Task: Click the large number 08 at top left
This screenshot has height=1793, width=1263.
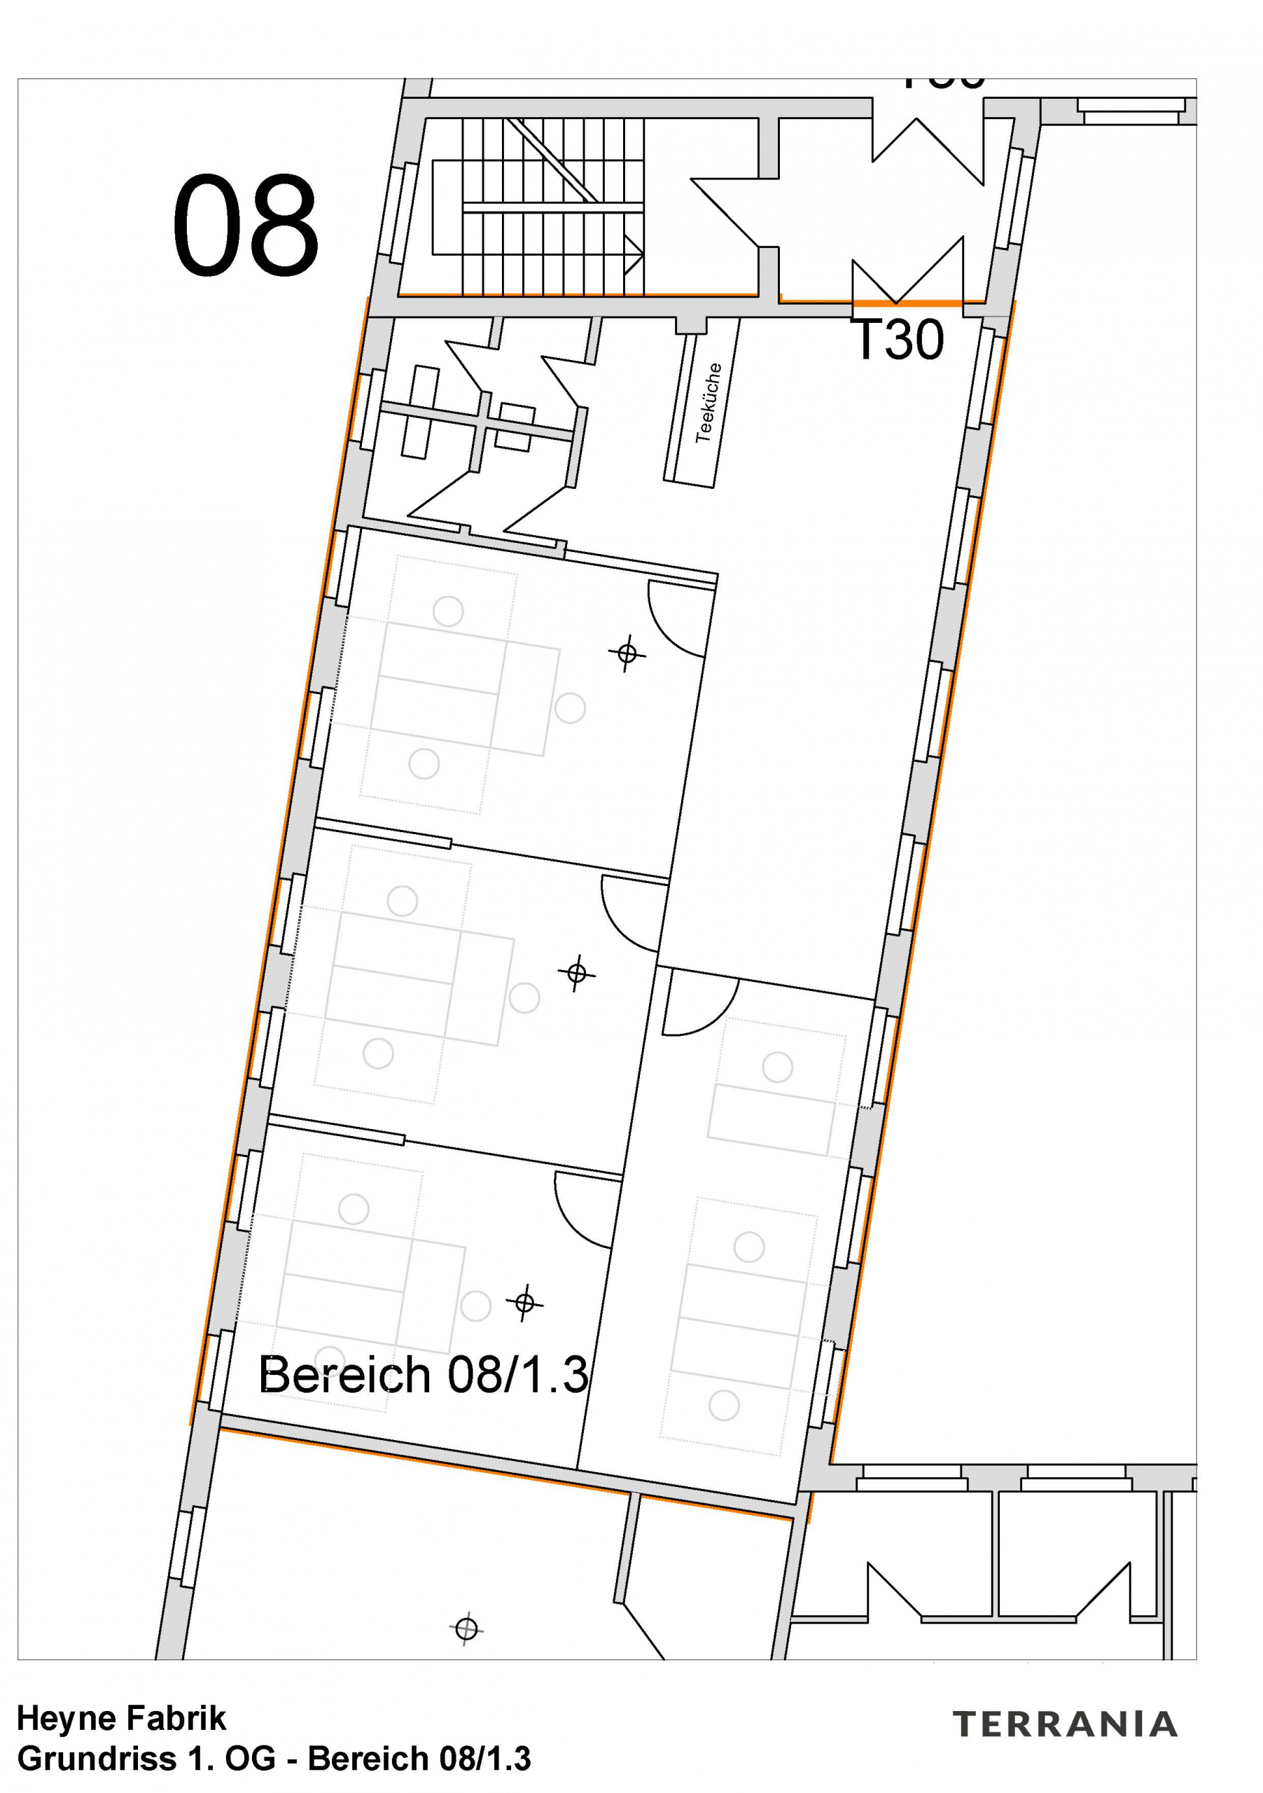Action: coord(245,225)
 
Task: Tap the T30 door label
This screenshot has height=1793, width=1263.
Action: coord(899,340)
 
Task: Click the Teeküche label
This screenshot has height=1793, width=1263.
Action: coord(708,402)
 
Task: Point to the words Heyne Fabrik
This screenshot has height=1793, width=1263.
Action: coord(121,1719)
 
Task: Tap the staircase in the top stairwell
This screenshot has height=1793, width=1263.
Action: coord(538,206)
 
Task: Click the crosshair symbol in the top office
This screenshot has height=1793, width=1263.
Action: coord(627,653)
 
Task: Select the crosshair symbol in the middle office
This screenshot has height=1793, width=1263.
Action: coord(577,973)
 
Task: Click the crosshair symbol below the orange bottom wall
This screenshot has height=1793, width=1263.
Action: coord(466,1630)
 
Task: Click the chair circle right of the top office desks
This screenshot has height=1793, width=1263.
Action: coord(570,708)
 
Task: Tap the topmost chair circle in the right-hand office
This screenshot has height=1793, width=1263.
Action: coord(777,1067)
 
